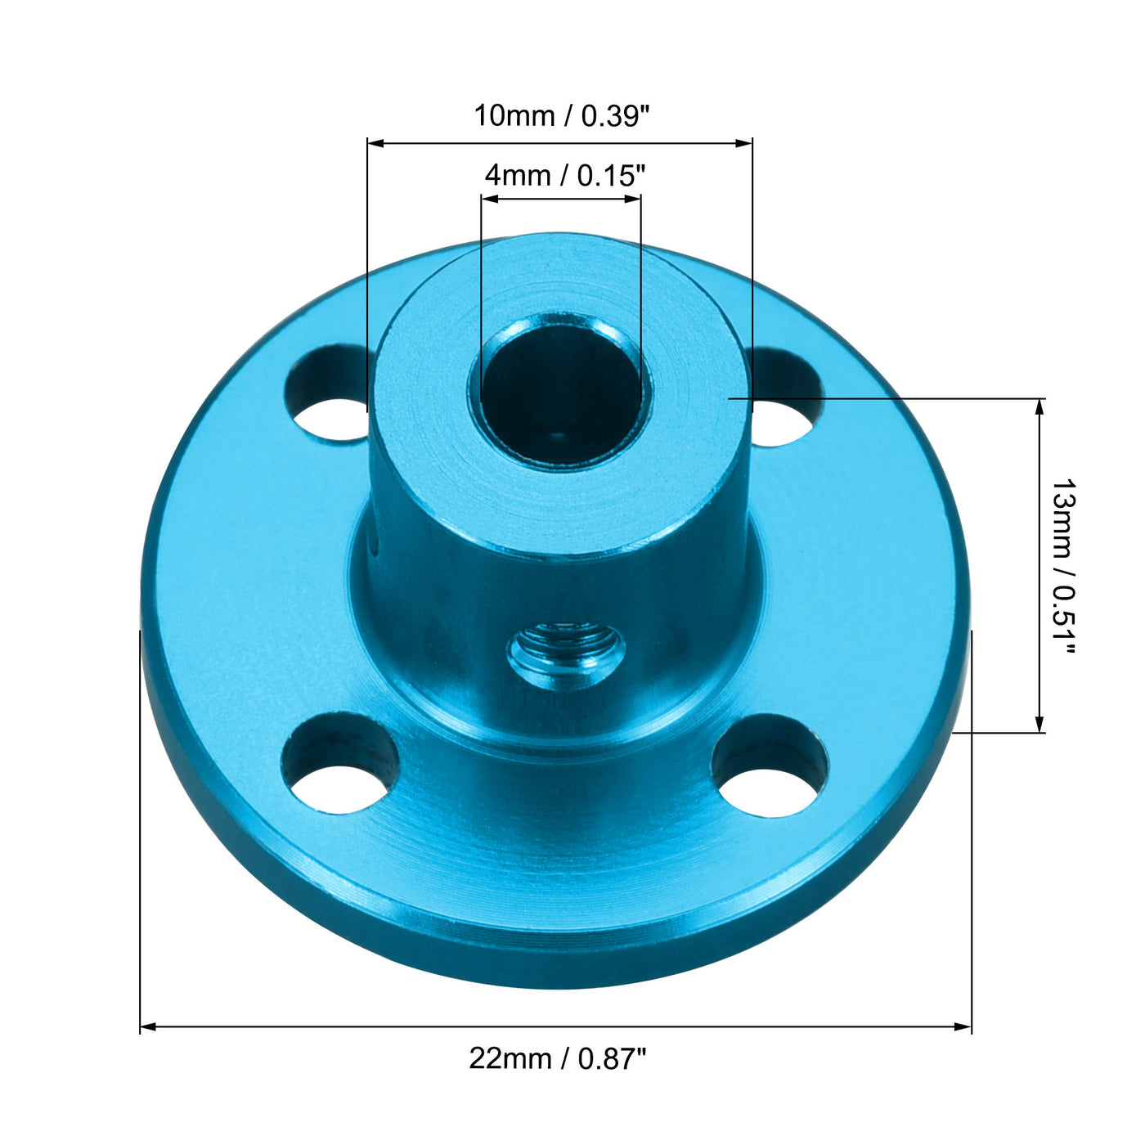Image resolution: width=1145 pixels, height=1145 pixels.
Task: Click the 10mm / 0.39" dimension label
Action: click(x=561, y=116)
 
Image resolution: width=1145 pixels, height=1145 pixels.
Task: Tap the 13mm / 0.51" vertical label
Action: click(x=1063, y=566)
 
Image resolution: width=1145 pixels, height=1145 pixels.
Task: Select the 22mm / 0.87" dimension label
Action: click(x=558, y=1058)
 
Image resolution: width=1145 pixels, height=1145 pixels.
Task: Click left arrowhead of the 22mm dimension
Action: click(x=148, y=1026)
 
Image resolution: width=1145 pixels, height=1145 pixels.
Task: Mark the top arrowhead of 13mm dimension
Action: click(x=1039, y=406)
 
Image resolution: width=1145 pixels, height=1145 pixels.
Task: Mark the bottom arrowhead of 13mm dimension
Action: click(x=1039, y=725)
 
